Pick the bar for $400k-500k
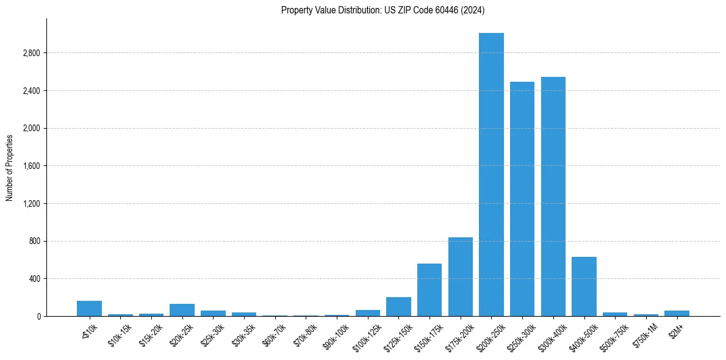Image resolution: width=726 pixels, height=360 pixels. point(584,287)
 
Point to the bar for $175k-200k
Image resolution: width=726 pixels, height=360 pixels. point(461,277)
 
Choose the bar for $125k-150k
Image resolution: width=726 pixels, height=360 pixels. point(398,307)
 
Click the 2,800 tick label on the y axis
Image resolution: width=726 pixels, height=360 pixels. point(31,53)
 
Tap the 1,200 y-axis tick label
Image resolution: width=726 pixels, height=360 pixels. point(31,204)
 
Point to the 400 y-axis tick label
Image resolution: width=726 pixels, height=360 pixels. point(34,279)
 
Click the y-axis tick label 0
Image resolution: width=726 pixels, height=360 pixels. point(38,317)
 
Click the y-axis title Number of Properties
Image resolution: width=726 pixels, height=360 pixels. point(10,167)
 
